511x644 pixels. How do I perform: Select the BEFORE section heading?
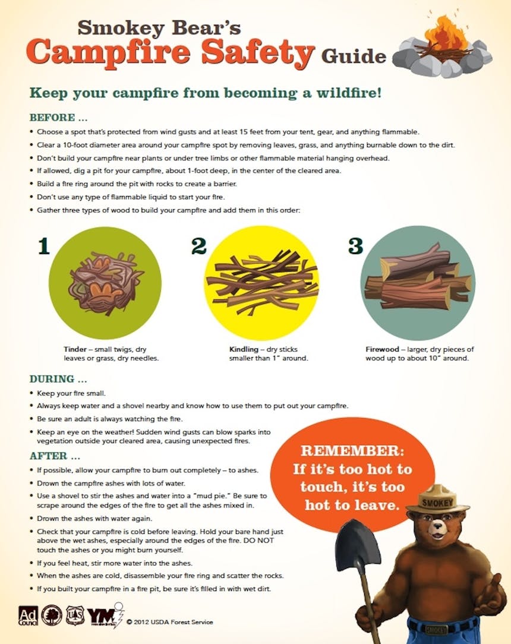tap(58, 118)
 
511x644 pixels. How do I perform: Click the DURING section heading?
tap(58, 378)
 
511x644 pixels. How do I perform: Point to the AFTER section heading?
tap(55, 456)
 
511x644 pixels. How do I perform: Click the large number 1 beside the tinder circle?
tap(44, 247)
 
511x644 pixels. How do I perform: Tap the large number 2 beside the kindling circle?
tap(199, 246)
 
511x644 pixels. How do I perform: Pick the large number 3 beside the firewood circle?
tap(356, 246)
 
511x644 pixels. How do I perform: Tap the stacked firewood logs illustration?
tap(417, 277)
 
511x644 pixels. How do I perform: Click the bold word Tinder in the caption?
tap(75, 349)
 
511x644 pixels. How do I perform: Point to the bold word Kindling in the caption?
tap(244, 349)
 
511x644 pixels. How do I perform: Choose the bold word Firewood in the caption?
tap(383, 349)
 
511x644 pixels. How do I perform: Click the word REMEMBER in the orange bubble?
tap(352, 450)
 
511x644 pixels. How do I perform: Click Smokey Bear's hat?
tap(438, 500)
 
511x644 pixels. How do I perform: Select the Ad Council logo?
tap(28, 616)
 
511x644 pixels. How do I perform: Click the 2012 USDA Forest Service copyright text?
tap(170, 622)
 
